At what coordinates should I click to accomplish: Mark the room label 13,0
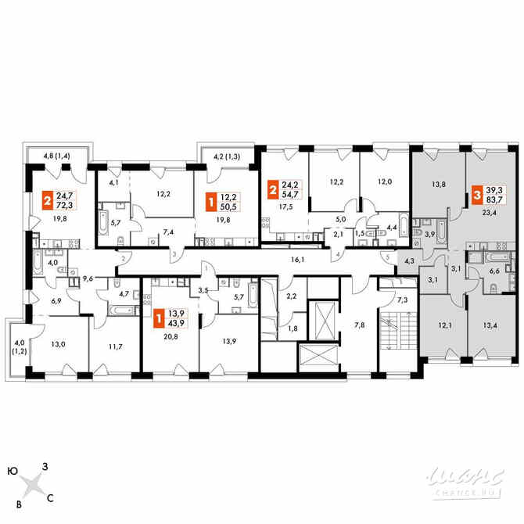click(58, 343)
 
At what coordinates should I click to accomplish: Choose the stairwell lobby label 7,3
click(402, 300)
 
